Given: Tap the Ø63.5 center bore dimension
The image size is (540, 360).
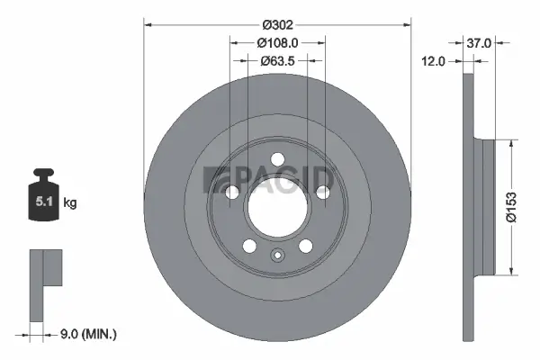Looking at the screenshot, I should coord(277,62).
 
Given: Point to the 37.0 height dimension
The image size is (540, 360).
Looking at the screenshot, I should coord(479,42).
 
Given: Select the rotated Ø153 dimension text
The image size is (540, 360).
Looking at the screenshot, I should coord(510,207).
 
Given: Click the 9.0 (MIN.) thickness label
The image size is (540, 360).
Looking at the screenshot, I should coord(89,334).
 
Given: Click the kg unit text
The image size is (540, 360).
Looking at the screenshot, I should coord(70,203).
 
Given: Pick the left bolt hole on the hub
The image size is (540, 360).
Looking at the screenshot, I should coord(234,191).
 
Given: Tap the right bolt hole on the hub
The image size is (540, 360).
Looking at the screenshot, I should coord(320,191).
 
